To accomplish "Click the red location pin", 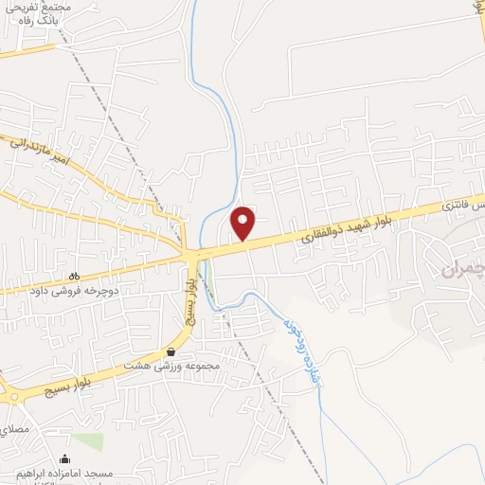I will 243,223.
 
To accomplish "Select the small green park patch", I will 87,442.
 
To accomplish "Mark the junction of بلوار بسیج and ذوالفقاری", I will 193,255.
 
